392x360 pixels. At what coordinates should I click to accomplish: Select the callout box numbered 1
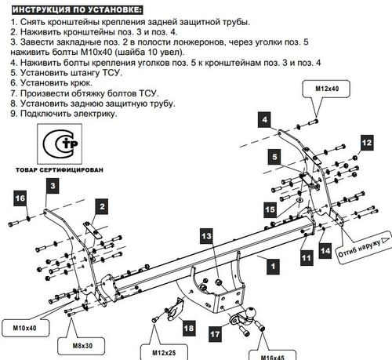click(272, 266)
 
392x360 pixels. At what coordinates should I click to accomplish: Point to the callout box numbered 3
click(53, 186)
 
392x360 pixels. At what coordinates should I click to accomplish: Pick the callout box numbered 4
click(266, 119)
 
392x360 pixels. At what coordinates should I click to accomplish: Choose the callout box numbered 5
click(275, 157)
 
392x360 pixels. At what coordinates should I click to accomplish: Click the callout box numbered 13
click(205, 237)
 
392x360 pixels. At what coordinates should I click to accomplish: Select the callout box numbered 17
click(214, 333)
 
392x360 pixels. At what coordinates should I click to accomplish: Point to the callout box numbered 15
click(269, 210)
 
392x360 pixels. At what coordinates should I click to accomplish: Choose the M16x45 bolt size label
click(269, 352)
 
